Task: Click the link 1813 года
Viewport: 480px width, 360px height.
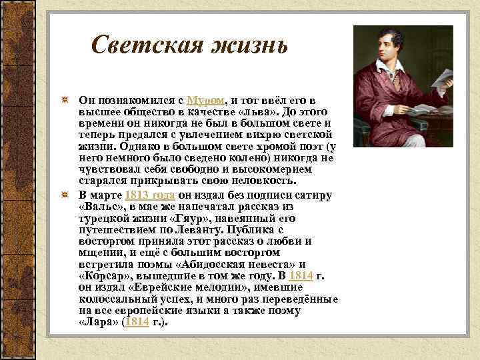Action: pyautogui.click(x=150, y=195)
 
